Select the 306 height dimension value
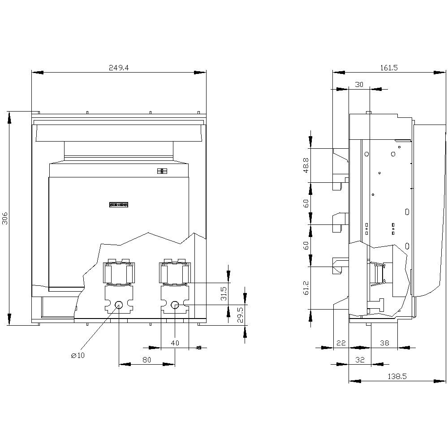[x=5, y=218]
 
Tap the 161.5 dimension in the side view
[x=389, y=68]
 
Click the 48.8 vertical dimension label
[x=306, y=165]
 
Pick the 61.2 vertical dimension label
[x=306, y=288]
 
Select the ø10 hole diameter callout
[x=78, y=355]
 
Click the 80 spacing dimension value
[x=146, y=360]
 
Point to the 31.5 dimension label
[x=224, y=294]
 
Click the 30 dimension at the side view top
[x=359, y=84]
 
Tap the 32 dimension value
[x=360, y=360]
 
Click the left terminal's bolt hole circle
[x=119, y=305]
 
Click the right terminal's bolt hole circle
[x=175, y=305]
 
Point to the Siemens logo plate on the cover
[x=119, y=205]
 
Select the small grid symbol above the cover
[x=162, y=171]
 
